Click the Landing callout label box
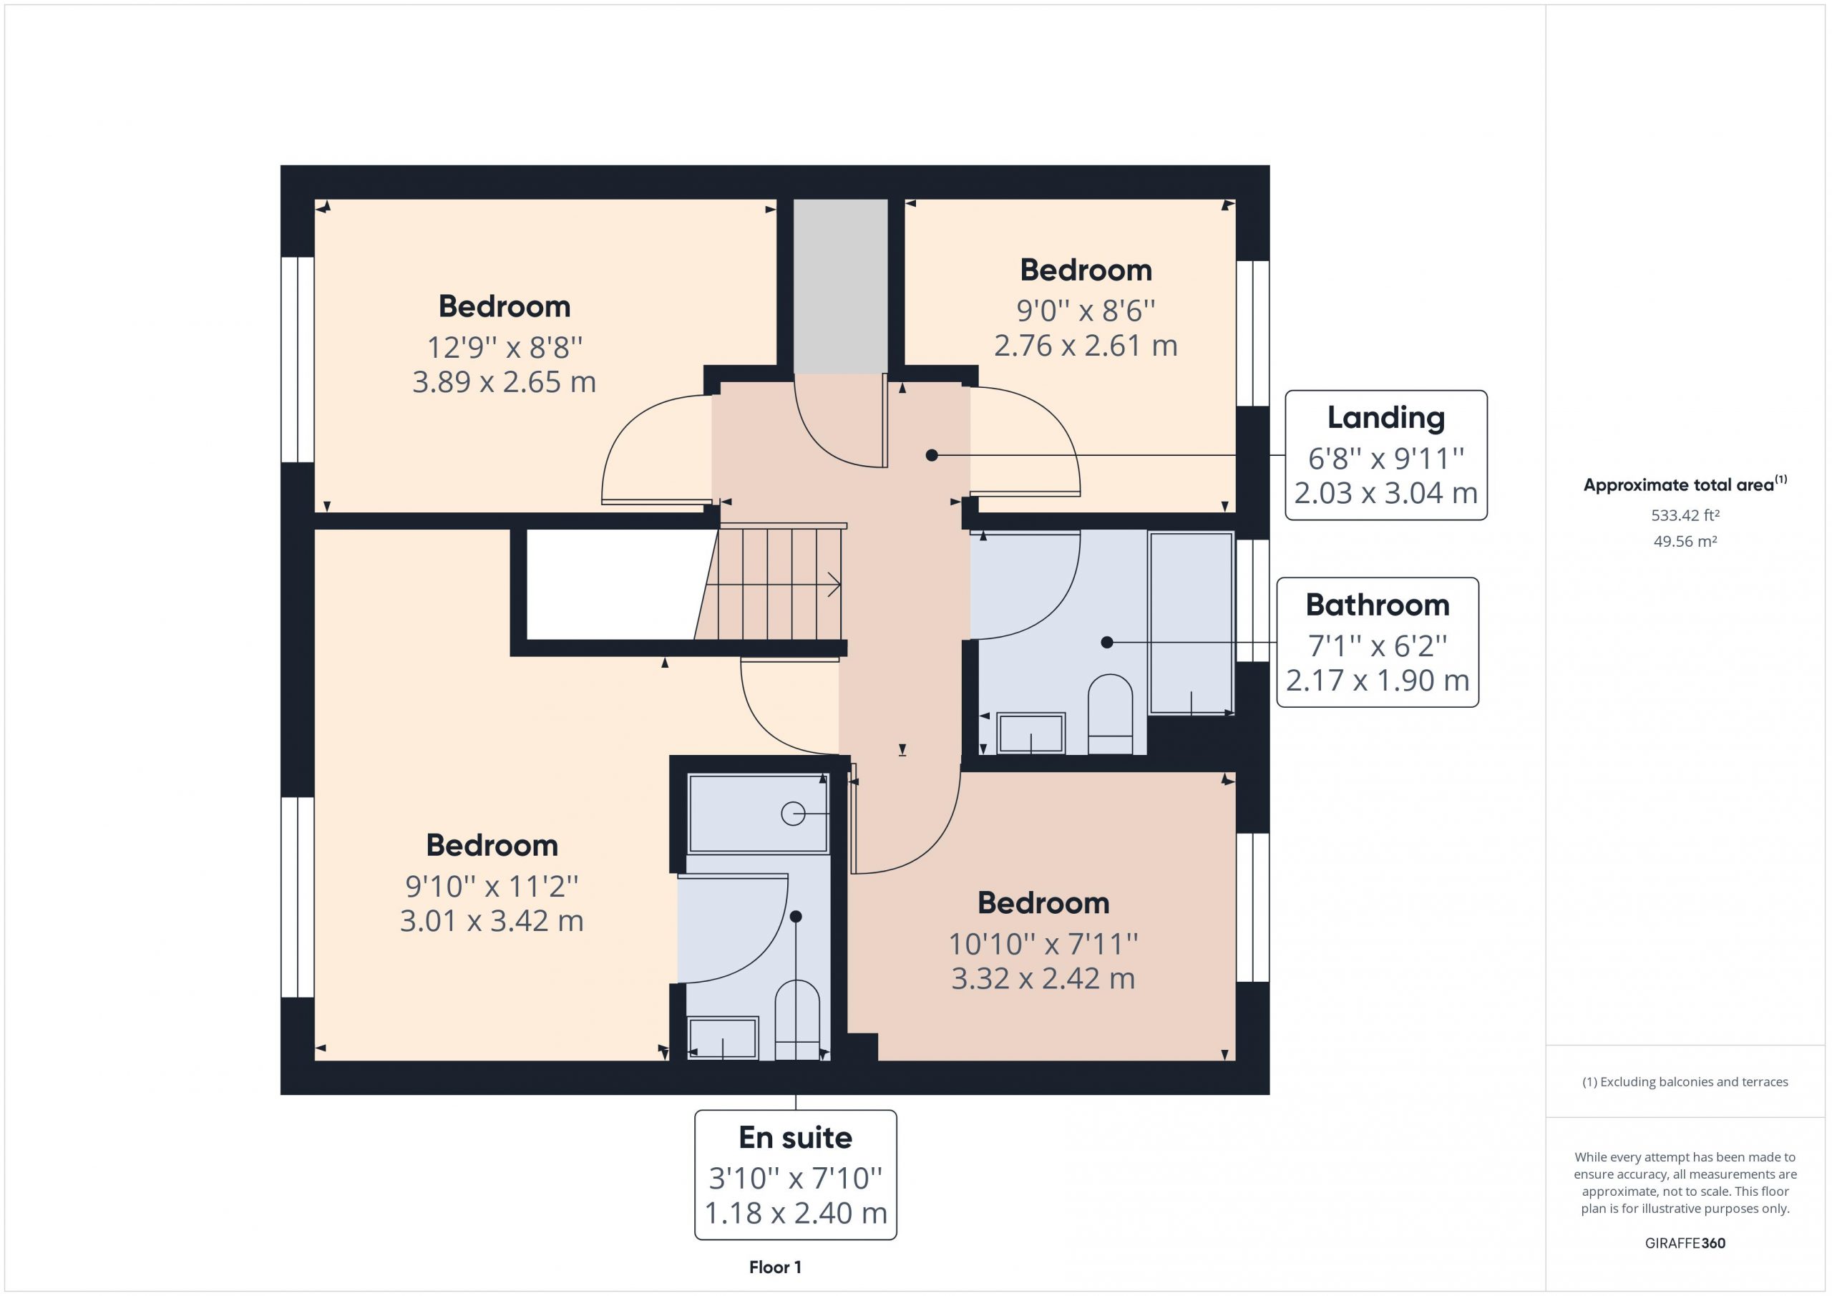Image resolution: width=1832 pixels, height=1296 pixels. click(x=1386, y=455)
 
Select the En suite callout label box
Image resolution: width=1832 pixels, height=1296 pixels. click(x=796, y=1174)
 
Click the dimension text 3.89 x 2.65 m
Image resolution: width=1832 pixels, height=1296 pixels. click(x=505, y=382)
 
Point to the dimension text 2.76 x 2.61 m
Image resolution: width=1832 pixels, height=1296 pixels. click(x=1086, y=346)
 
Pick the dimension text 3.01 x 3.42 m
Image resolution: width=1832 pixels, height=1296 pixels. click(x=492, y=921)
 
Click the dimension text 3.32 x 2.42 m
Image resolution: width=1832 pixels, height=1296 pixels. click(x=1043, y=978)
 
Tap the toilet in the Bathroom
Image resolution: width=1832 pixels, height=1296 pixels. click(x=1110, y=714)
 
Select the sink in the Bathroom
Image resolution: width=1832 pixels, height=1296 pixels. click(x=1031, y=734)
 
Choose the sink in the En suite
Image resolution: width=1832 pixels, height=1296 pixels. click(x=723, y=1038)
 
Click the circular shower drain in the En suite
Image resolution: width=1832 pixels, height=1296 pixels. click(x=792, y=813)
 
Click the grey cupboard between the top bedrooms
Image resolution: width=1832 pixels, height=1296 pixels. click(x=840, y=286)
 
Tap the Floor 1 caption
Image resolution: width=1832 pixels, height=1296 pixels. click(x=775, y=1267)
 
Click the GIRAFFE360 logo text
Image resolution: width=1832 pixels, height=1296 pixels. click(x=1685, y=1243)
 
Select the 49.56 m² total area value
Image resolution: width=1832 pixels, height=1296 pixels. click(x=1685, y=541)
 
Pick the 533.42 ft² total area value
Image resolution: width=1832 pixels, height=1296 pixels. click(x=1685, y=515)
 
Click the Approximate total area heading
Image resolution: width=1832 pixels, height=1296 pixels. click(x=1685, y=484)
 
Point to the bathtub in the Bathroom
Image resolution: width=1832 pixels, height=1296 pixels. click(x=1192, y=623)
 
